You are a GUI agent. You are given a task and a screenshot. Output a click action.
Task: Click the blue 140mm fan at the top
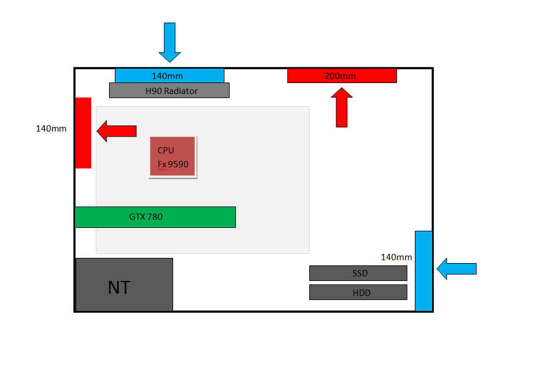170,76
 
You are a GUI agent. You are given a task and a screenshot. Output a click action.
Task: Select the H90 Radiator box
169,90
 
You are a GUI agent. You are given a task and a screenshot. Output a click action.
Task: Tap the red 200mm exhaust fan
342,76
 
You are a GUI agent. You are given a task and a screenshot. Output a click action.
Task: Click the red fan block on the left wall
83,133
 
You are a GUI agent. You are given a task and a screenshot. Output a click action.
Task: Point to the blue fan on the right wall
423,271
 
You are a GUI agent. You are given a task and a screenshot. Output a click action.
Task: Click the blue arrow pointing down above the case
170,42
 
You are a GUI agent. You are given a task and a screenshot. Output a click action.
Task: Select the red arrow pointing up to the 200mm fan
342,107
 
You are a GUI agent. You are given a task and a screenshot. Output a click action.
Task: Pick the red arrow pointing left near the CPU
117,131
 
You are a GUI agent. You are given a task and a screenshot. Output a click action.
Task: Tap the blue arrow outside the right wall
456,269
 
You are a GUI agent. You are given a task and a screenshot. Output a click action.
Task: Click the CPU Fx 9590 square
173,156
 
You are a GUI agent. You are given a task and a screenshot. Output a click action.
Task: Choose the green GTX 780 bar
155,217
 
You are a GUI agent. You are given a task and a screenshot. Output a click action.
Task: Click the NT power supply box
124,284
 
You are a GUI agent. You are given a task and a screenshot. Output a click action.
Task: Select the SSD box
358,273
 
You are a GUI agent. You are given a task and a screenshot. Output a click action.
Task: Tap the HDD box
358,292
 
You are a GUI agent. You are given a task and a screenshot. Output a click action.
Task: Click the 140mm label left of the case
51,129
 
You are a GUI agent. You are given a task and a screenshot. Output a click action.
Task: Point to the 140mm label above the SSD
396,257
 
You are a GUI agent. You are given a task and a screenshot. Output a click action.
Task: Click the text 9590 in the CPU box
178,164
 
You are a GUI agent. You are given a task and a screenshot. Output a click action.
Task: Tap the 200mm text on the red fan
340,76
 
